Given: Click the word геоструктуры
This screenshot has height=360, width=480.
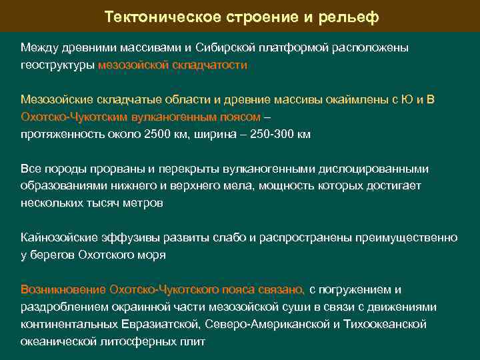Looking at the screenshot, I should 57,65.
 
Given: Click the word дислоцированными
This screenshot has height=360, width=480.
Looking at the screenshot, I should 373,169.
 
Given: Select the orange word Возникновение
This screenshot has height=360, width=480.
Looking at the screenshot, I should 63,290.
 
